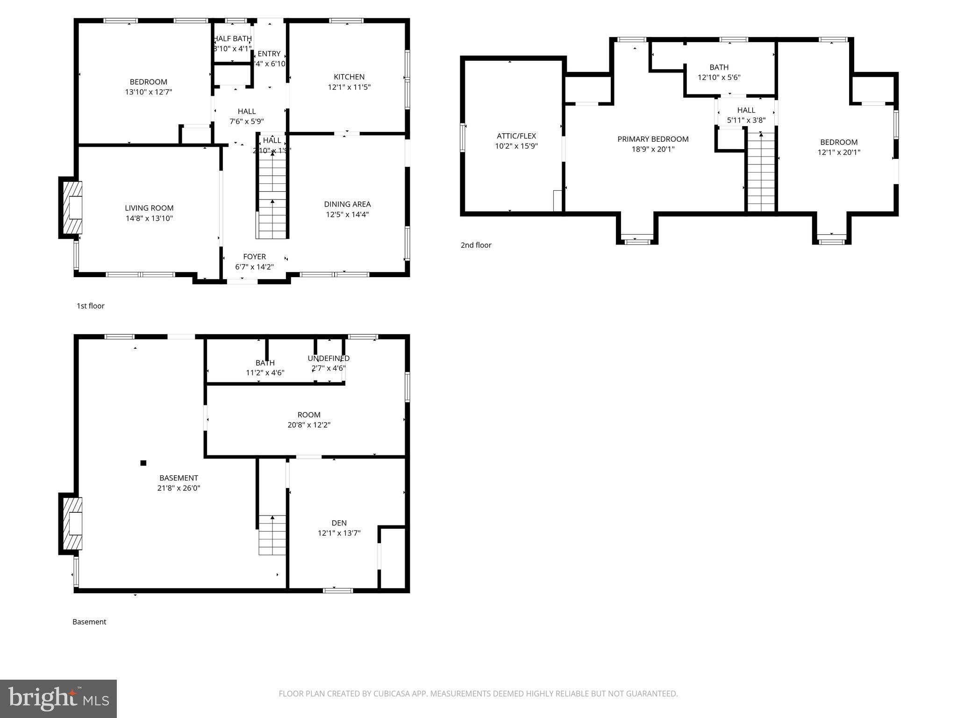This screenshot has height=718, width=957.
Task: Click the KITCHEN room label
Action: coord(349,77)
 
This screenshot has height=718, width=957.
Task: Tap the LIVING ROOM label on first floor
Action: coord(149,208)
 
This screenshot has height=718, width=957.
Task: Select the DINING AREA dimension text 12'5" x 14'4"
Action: coord(347,215)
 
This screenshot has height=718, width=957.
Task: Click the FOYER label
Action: coord(254,257)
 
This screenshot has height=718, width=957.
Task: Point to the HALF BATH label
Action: coord(233,39)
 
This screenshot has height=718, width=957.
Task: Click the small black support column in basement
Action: coord(143,463)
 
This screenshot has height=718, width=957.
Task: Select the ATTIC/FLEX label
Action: coord(516,136)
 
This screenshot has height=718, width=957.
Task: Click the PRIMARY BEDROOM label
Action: coord(653,139)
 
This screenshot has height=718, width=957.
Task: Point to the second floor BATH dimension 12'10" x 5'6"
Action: coord(719,78)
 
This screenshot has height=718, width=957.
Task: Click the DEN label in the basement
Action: coord(339,523)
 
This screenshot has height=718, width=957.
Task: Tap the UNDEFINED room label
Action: coord(329,359)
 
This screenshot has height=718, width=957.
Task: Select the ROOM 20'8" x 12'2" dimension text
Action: coord(309,425)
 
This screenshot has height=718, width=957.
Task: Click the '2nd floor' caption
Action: coord(476,245)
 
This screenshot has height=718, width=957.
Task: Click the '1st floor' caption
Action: coord(90,306)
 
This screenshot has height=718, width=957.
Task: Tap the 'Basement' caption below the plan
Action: coord(89,622)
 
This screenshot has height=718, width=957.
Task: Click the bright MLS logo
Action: coord(58,698)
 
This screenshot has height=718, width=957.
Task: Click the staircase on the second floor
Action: coord(761,173)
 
